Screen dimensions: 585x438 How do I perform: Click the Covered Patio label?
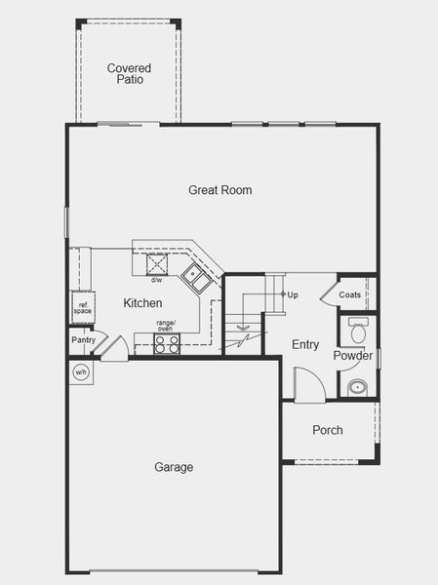click(x=129, y=73)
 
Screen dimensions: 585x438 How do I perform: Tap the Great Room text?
click(x=219, y=189)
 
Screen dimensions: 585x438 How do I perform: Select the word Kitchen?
click(x=142, y=303)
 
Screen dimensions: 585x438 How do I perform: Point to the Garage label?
click(x=174, y=467)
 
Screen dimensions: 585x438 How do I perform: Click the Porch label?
click(x=327, y=430)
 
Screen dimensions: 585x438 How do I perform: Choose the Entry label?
click(x=305, y=344)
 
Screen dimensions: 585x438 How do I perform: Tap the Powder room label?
click(x=352, y=356)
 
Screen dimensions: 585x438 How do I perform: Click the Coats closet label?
click(x=350, y=294)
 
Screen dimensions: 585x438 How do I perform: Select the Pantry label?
click(x=82, y=340)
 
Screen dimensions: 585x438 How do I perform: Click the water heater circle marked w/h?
click(x=80, y=370)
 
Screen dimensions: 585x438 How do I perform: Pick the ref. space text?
click(x=82, y=307)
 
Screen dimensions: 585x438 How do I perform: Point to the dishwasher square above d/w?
click(x=157, y=265)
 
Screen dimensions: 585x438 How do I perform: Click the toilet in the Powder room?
click(x=357, y=332)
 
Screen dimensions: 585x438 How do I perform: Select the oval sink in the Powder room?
click(x=357, y=387)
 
